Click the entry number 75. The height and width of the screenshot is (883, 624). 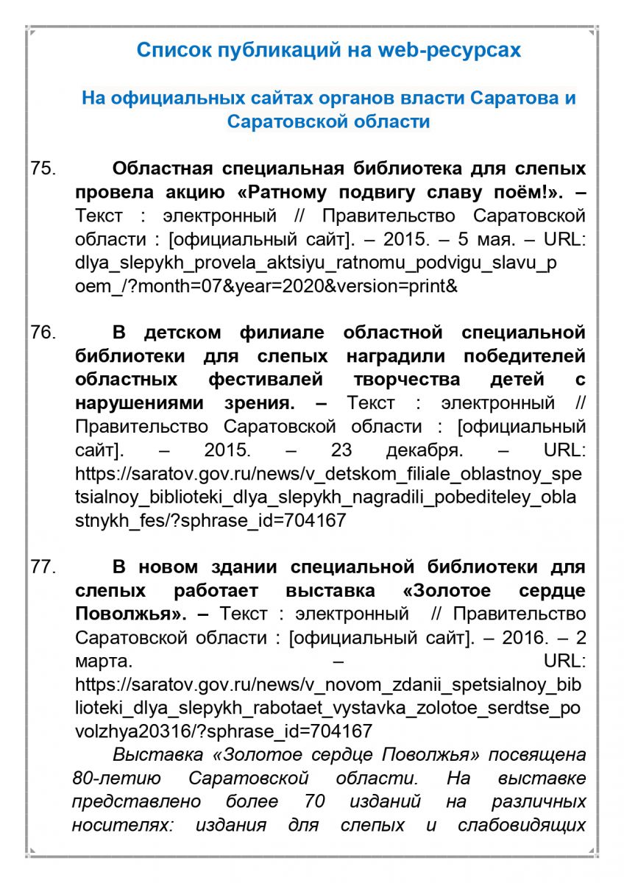point(43,169)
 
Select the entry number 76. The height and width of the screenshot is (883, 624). point(43,333)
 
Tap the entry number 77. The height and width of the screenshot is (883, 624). point(43,567)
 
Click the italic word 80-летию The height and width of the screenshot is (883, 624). point(111,778)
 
